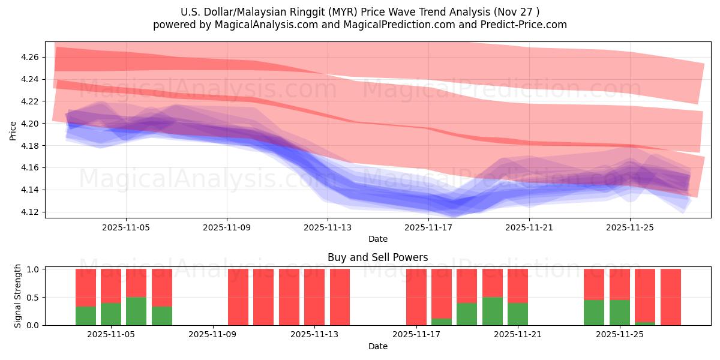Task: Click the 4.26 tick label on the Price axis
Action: [30, 57]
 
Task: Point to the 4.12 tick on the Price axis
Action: [30, 212]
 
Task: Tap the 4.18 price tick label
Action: [30, 146]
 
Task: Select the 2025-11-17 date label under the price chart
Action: [428, 228]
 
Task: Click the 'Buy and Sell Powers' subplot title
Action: [377, 257]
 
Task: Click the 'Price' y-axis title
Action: [13, 130]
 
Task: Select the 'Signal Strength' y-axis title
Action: [18, 296]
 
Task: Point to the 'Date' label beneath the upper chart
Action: [377, 239]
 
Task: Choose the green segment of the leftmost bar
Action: [86, 316]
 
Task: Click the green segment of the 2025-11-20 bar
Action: [493, 311]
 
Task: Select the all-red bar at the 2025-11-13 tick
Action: [314, 297]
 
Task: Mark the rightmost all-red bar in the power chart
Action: [671, 297]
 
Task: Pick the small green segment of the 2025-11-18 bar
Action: [442, 322]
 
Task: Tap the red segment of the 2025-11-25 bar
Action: [620, 284]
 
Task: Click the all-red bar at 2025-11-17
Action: [416, 297]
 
